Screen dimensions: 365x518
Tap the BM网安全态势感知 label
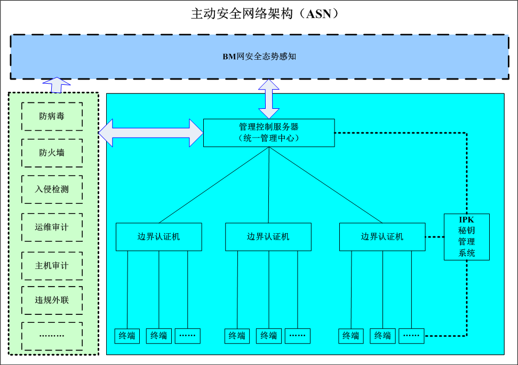[x=259, y=56]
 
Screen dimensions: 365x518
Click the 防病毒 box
[x=52, y=116]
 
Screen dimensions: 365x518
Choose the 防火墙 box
[x=52, y=153]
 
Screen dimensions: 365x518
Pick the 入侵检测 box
[x=52, y=189]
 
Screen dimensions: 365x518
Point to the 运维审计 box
[x=52, y=227]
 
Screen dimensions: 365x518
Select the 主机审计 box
[x=52, y=265]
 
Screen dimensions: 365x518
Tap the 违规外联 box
[x=52, y=300]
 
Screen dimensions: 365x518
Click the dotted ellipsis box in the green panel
[x=52, y=336]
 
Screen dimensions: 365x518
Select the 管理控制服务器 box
[x=269, y=127]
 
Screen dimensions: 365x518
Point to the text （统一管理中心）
[x=269, y=139]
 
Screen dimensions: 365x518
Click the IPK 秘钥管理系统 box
[x=466, y=236]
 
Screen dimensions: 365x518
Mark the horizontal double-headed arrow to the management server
[x=152, y=132]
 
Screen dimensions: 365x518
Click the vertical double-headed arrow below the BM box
[x=269, y=99]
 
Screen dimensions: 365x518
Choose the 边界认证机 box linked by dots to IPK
[x=382, y=236]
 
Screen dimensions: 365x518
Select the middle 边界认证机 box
[x=268, y=236]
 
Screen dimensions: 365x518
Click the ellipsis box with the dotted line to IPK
[x=411, y=336]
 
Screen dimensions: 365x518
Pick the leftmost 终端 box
[x=127, y=336]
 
